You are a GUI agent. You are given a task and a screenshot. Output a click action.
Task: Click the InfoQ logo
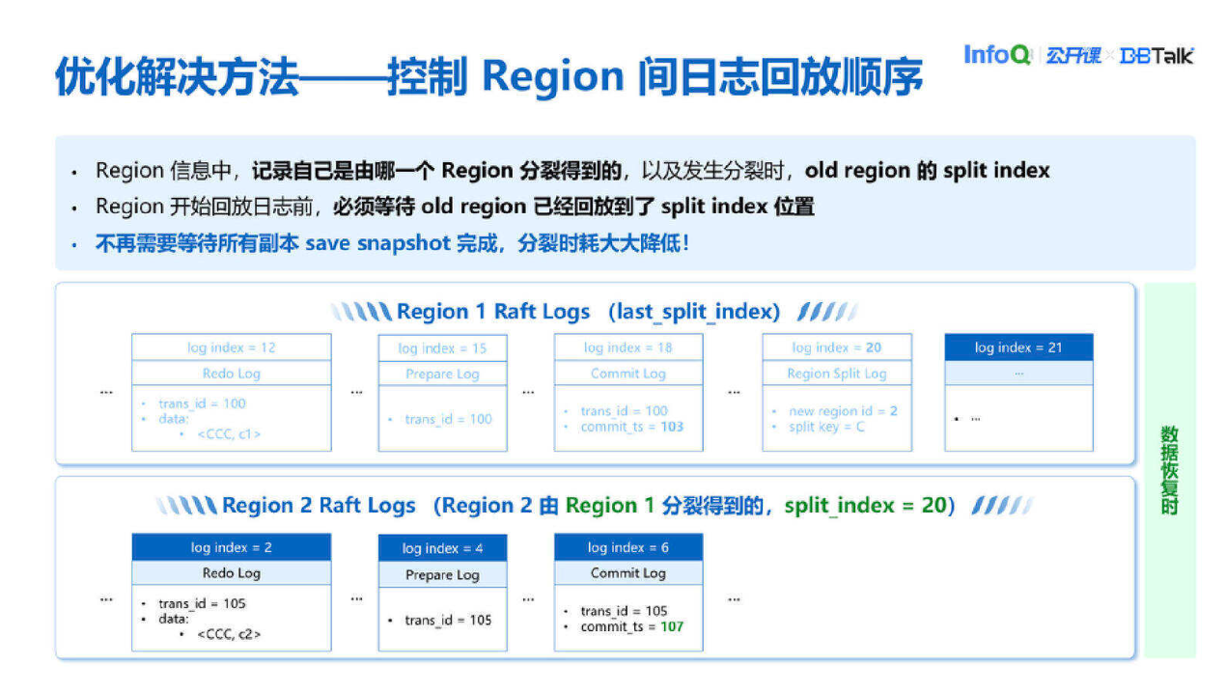tap(998, 55)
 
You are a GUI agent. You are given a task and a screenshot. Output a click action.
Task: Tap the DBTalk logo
tap(1156, 56)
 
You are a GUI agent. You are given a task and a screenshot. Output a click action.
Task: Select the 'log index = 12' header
tap(231, 347)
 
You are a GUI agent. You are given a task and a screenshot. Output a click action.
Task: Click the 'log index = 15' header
tap(442, 348)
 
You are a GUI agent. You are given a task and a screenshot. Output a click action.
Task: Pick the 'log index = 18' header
tap(627, 347)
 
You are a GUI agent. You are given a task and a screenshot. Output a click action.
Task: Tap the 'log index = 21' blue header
tap(1017, 347)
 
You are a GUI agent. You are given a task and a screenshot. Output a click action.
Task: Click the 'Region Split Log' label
tap(836, 374)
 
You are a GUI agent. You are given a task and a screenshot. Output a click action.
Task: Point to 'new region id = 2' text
tap(843, 411)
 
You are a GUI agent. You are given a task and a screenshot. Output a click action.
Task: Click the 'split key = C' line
tap(826, 427)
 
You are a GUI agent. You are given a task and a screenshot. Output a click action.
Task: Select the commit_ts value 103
tap(671, 427)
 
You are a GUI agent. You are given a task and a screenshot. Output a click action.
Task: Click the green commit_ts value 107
tap(671, 626)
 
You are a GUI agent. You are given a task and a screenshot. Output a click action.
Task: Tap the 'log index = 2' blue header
tap(231, 547)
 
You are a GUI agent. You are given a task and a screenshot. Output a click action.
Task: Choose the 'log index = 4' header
tap(442, 548)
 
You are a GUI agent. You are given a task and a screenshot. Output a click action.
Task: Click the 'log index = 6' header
tap(627, 547)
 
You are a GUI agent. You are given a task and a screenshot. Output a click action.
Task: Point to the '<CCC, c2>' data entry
tap(229, 634)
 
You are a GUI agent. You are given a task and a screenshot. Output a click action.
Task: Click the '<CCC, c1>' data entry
tap(229, 434)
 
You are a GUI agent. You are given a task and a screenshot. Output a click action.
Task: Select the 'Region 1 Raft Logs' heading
tap(492, 312)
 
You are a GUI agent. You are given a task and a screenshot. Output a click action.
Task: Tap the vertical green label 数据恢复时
tap(1169, 471)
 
